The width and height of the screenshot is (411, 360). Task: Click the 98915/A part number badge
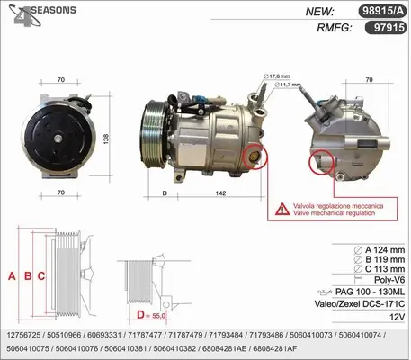pos(382,11)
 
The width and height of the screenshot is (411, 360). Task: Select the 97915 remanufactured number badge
pos(386,28)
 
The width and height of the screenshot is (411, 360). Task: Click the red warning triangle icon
pos(282,210)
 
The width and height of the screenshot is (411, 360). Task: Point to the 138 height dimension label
pos(106,139)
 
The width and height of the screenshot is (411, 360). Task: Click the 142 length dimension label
pos(220,193)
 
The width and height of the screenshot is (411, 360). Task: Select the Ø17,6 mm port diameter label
pos(276,76)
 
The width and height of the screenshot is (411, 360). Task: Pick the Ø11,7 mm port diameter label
pos(287,85)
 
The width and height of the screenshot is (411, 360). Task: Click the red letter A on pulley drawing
pos(12,276)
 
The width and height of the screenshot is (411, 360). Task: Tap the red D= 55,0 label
pos(151,315)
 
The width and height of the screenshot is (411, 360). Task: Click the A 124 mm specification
pos(380,250)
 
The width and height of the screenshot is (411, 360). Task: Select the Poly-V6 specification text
pos(389,280)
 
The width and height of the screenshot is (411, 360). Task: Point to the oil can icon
pos(325,292)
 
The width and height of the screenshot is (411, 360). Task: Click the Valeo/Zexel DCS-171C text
pos(360,304)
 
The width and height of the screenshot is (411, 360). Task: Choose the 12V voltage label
pos(398,317)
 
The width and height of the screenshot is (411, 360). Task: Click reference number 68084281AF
pos(275,348)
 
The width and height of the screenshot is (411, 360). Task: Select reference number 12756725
pos(23,335)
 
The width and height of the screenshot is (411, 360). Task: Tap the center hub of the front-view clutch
pos(58,139)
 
